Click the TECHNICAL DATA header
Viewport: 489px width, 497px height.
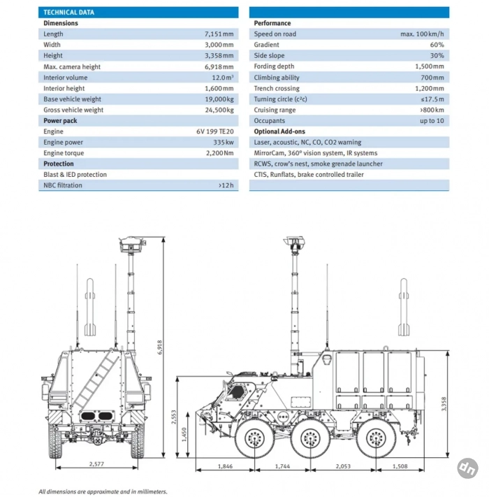click(x=68, y=13)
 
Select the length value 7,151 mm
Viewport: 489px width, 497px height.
click(x=218, y=34)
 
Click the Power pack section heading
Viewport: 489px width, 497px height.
click(x=60, y=121)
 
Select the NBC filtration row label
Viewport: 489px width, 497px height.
click(x=63, y=185)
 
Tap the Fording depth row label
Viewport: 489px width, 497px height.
click(x=274, y=66)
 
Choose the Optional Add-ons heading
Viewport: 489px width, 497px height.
click(x=279, y=131)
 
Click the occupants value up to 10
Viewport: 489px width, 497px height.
click(x=431, y=121)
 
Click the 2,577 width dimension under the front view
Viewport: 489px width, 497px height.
click(x=99, y=464)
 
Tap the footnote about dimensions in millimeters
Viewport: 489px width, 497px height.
click(x=103, y=491)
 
